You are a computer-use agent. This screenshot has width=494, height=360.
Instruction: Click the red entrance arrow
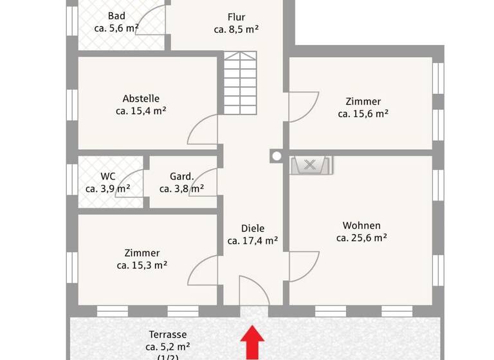pos(253,342)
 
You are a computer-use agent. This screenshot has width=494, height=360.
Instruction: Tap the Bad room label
pos(116,16)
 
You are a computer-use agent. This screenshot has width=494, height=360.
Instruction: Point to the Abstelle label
pos(141,99)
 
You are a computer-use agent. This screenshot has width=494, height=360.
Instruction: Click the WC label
pos(107,177)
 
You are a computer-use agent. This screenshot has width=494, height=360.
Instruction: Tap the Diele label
pos(253,228)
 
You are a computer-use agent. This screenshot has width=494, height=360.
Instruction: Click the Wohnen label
pos(361,226)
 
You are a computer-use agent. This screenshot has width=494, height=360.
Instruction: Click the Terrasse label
pos(168,334)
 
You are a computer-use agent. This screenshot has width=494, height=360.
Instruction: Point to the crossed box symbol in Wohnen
pos(310,165)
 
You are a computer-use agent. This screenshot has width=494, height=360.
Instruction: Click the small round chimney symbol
pos(277,156)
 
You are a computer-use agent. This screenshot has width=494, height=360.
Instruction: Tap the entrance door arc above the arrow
pos(253,290)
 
